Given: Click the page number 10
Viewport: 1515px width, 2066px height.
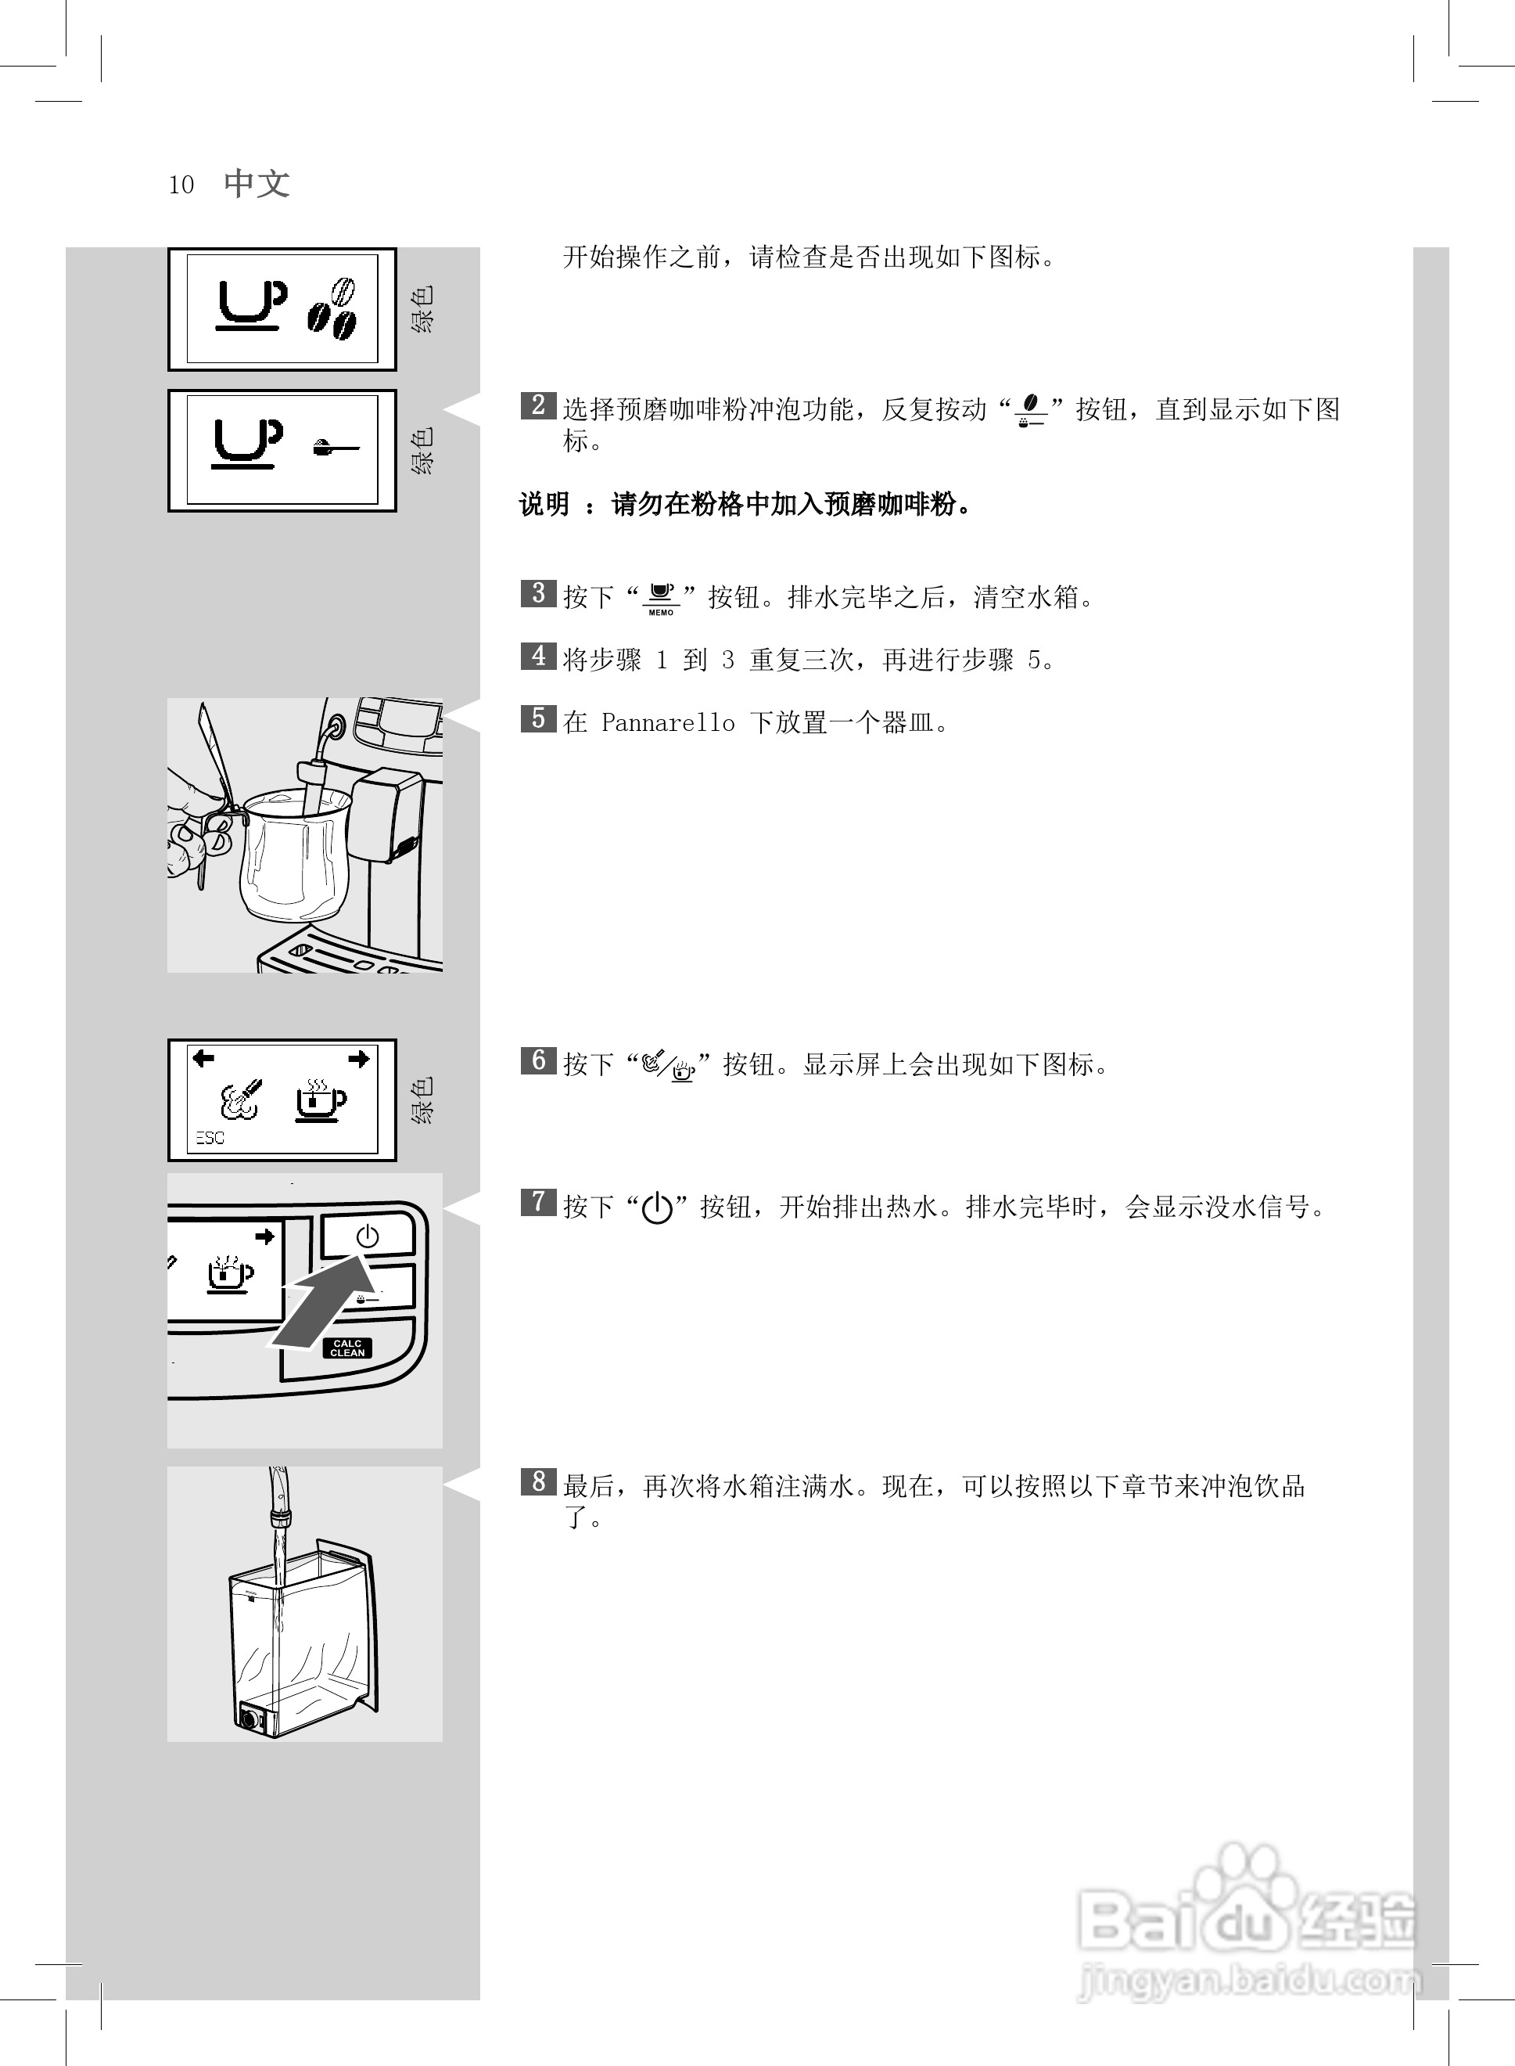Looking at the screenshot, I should (x=181, y=185).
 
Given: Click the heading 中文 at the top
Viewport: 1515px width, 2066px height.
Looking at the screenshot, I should (x=257, y=183).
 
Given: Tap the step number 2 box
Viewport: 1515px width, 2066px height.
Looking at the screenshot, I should (x=537, y=405).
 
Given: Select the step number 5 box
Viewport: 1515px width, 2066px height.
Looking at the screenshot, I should (x=537, y=718).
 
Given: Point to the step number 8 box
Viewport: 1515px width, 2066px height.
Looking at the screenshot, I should (x=537, y=1481).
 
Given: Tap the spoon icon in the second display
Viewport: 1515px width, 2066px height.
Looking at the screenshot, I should (x=335, y=448).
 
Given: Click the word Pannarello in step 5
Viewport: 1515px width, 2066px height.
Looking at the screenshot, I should (x=668, y=723).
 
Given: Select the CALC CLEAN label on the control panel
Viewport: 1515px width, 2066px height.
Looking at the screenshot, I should (x=347, y=1348).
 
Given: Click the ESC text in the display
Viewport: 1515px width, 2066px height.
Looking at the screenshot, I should (x=210, y=1138).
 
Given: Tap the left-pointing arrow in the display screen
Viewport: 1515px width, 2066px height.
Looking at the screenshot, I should (x=203, y=1059).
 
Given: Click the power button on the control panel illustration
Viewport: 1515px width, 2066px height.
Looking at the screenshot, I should (x=367, y=1236).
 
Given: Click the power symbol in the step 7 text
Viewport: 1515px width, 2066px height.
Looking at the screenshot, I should (x=658, y=1208).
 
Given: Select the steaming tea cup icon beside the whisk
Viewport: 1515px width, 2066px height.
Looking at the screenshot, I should (x=320, y=1099).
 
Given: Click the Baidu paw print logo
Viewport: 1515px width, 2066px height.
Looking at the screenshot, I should (x=1244, y=1881).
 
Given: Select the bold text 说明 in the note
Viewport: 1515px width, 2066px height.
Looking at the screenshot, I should (x=544, y=505).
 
